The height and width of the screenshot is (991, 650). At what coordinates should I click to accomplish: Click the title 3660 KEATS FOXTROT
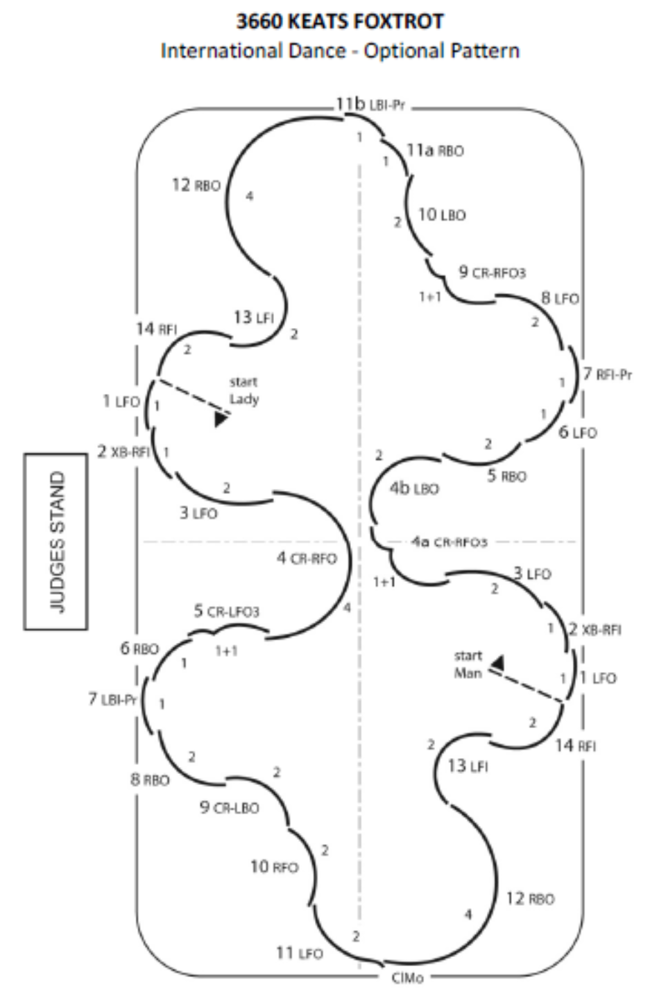(x=340, y=21)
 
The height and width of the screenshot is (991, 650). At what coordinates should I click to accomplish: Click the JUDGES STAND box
(x=56, y=541)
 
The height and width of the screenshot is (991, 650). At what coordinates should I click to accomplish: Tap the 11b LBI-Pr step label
(x=370, y=105)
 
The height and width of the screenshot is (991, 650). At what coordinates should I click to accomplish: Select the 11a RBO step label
(x=435, y=150)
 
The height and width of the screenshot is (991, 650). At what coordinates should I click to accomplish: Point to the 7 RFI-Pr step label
(x=607, y=374)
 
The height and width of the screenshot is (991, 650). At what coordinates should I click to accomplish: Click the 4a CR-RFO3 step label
(x=449, y=542)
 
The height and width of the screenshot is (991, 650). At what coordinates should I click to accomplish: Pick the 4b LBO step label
(x=414, y=488)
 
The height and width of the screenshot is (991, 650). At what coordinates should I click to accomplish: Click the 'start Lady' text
(x=243, y=390)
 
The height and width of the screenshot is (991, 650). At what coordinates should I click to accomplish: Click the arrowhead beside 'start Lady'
(x=221, y=419)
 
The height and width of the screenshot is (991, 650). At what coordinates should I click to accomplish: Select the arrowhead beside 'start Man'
(x=497, y=664)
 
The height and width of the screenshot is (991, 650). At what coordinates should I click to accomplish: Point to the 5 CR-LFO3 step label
(x=226, y=612)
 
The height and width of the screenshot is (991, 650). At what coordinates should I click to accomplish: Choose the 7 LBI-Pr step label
(x=111, y=699)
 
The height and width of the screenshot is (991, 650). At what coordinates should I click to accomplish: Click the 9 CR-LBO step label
(x=229, y=807)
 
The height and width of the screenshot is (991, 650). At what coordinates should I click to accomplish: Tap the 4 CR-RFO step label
(x=307, y=558)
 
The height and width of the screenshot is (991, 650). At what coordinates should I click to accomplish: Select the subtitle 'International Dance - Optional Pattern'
(x=340, y=51)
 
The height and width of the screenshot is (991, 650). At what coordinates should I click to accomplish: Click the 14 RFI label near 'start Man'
(x=575, y=746)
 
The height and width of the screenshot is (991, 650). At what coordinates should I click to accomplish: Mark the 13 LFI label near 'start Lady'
(x=253, y=318)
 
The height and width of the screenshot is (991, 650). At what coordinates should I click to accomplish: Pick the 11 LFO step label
(x=299, y=953)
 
